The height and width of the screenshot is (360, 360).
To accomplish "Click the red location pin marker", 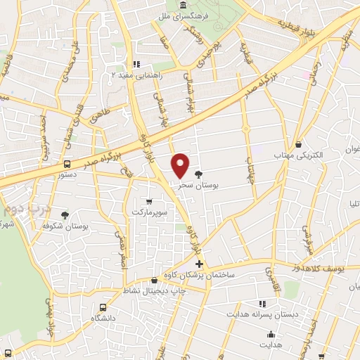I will click(x=181, y=165).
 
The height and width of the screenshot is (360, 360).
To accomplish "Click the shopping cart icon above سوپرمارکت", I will click(x=148, y=201).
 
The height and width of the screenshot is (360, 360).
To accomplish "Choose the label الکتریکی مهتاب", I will click(x=300, y=155).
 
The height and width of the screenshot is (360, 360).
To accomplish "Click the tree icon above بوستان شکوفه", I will click(x=65, y=215).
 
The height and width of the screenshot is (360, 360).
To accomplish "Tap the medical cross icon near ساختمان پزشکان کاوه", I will click(x=200, y=264).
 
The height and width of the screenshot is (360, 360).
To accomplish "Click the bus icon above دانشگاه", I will click(x=103, y=307).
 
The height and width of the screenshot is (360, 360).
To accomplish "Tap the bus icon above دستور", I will click(x=67, y=165).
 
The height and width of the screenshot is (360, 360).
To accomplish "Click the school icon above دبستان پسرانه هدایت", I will click(x=262, y=304).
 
